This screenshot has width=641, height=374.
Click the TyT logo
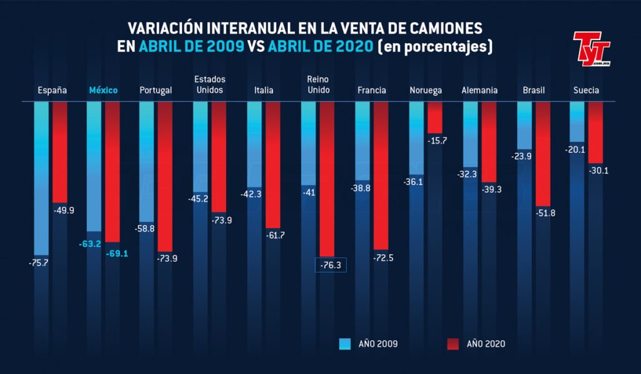tap(591, 49)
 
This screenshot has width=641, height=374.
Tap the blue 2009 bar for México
tap(94, 166)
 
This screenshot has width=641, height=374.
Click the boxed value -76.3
tap(331, 265)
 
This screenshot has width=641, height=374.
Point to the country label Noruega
tap(426, 90)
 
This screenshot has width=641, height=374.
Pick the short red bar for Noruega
tap(435, 117)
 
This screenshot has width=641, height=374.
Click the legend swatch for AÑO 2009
tap(344, 343)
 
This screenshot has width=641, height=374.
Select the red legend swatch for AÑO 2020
tap(453, 343)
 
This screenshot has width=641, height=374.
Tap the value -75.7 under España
tap(38, 262)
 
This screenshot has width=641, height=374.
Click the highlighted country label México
tap(103, 90)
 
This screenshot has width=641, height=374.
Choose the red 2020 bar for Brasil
tap(543, 153)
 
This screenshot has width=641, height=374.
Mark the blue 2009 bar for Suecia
tap(577, 122)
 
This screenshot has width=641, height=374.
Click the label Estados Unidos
tap(210, 85)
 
